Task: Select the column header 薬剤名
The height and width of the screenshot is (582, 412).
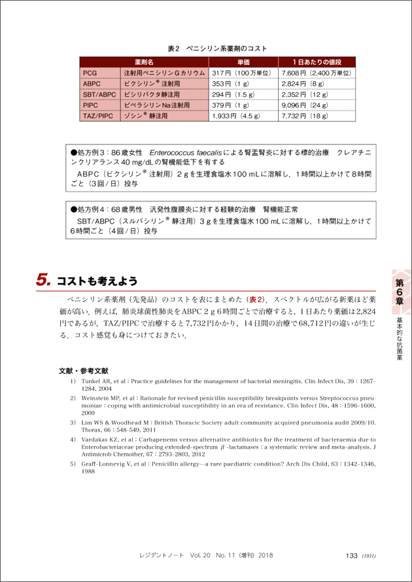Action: [144, 61]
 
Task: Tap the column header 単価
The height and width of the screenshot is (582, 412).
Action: [243, 61]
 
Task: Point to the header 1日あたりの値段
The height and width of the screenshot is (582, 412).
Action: [317, 61]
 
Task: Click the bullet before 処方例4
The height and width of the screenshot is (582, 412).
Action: [73, 209]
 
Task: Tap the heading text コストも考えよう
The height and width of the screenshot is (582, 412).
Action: [97, 281]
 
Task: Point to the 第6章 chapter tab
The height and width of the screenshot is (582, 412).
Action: [399, 291]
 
